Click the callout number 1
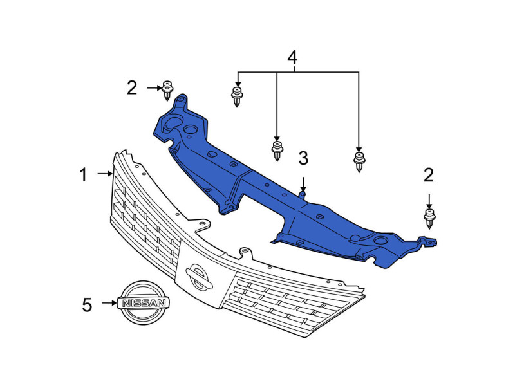[x=84, y=174]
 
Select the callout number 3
[x=303, y=158]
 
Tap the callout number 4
[x=292, y=57]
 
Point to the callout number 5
[x=87, y=305]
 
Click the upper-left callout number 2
[x=132, y=88]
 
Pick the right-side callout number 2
[x=429, y=175]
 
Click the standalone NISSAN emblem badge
[x=143, y=302]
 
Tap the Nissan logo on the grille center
[x=199, y=277]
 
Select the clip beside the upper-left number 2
[x=167, y=90]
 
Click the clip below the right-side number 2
[x=429, y=218]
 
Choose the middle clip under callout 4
[x=277, y=151]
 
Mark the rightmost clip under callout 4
[x=359, y=162]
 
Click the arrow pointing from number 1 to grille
[x=105, y=173]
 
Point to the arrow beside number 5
[x=109, y=302]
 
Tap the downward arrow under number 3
[x=303, y=184]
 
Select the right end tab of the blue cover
[x=428, y=242]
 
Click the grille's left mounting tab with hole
[x=202, y=225]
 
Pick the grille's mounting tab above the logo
[x=245, y=253]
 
